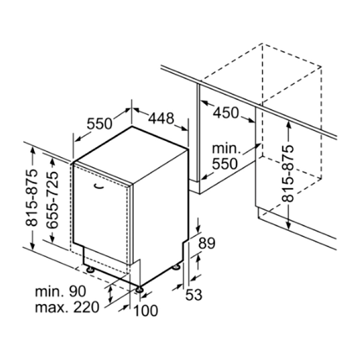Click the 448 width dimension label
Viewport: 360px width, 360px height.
tap(161, 118)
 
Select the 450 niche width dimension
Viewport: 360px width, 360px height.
tap(226, 113)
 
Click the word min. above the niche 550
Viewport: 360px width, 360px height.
tap(226, 149)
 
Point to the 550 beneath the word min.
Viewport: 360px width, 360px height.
tap(225, 164)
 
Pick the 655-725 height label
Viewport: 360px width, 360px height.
tap(52, 200)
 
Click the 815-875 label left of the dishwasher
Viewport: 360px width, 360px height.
tap(31, 198)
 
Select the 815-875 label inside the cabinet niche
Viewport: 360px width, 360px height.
tap(288, 174)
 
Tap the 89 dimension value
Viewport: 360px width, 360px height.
tap(207, 243)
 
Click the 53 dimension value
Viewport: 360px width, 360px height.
tap(194, 295)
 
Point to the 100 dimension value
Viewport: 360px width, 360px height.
tap(146, 311)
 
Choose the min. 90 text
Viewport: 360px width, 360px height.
tap(60, 291)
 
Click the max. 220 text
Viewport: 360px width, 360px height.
tap(67, 307)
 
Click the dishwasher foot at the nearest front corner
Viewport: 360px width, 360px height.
tap(139, 289)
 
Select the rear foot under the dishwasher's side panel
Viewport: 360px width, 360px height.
tap(176, 267)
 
